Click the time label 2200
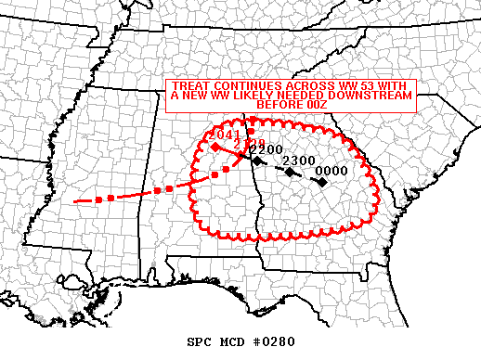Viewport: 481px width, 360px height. click(x=266, y=149)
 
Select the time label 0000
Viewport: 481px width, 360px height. click(x=331, y=171)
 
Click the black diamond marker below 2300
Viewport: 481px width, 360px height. click(x=291, y=173)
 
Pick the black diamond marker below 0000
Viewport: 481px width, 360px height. click(x=320, y=182)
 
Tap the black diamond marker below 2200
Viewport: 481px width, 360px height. click(x=257, y=161)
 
